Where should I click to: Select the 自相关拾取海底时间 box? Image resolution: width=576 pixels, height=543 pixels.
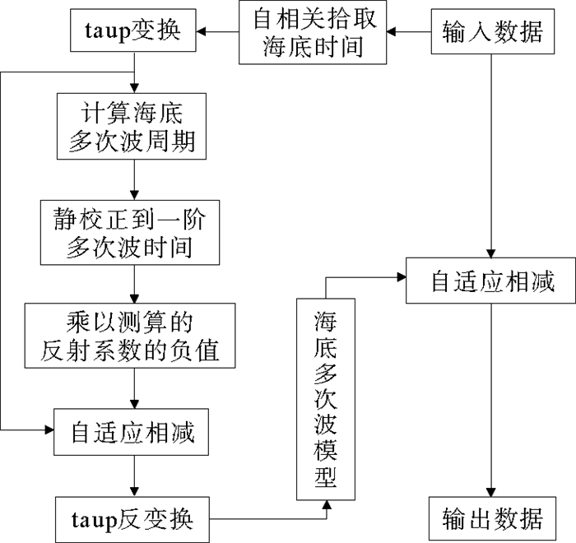(x=313, y=33)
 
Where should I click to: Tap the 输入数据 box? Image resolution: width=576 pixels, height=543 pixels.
(x=491, y=33)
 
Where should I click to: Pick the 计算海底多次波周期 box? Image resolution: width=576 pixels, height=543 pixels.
(x=132, y=126)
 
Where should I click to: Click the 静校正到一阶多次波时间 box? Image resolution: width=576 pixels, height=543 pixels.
(x=132, y=234)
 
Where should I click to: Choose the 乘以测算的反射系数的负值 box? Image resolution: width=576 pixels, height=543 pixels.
(x=132, y=336)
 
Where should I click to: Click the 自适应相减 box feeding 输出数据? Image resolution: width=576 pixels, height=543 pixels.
(x=492, y=282)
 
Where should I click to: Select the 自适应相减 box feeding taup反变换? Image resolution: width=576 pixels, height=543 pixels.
(x=132, y=431)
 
